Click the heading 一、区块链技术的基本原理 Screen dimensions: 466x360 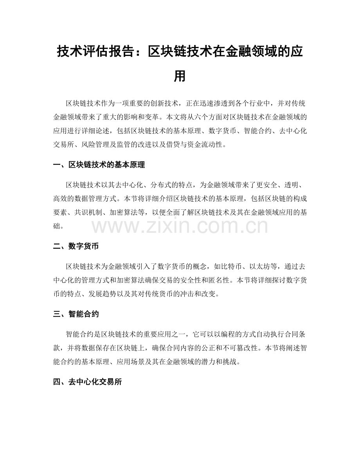click(x=99, y=165)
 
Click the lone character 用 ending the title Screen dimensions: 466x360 click(x=180, y=76)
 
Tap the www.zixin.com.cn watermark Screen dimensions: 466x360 click(x=180, y=226)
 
